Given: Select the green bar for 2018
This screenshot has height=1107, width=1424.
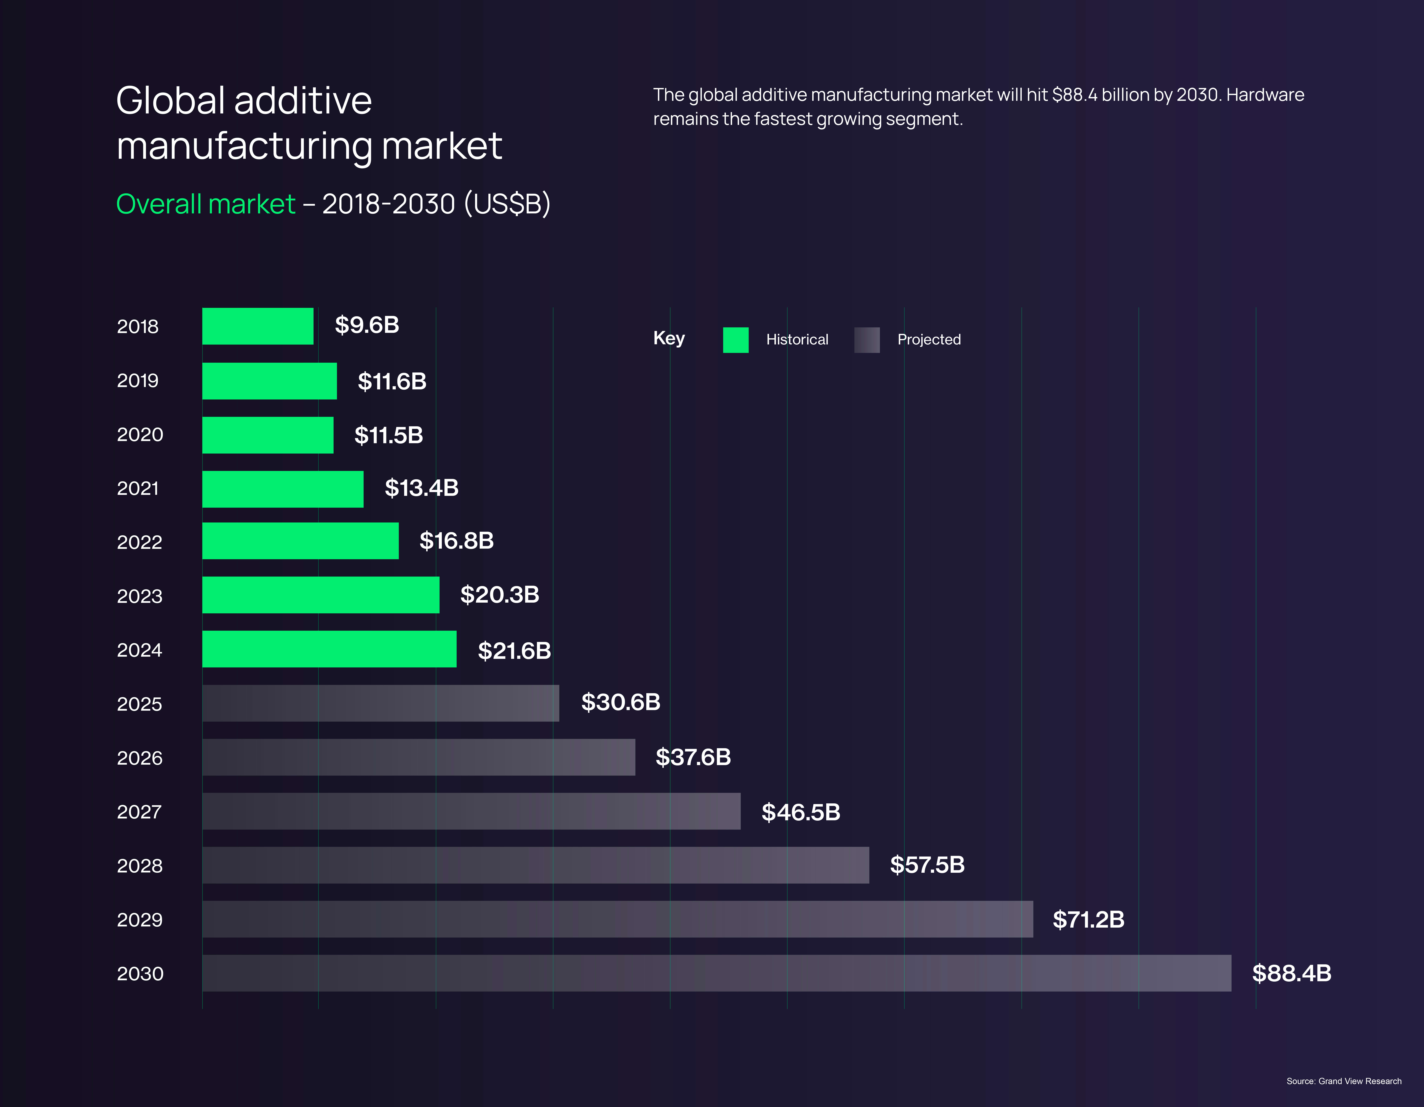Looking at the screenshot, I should coord(258,326).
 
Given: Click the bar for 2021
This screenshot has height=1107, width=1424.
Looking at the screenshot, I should coord(282,489).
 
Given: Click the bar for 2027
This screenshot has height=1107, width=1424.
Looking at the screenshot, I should coord(471,811).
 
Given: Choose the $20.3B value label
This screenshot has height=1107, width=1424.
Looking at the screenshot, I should coord(500,595).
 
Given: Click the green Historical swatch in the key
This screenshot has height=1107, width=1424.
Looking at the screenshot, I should coord(735,340).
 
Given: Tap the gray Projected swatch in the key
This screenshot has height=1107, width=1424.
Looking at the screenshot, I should coord(867,340).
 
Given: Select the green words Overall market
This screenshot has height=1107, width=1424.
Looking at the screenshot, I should coord(205,204).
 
